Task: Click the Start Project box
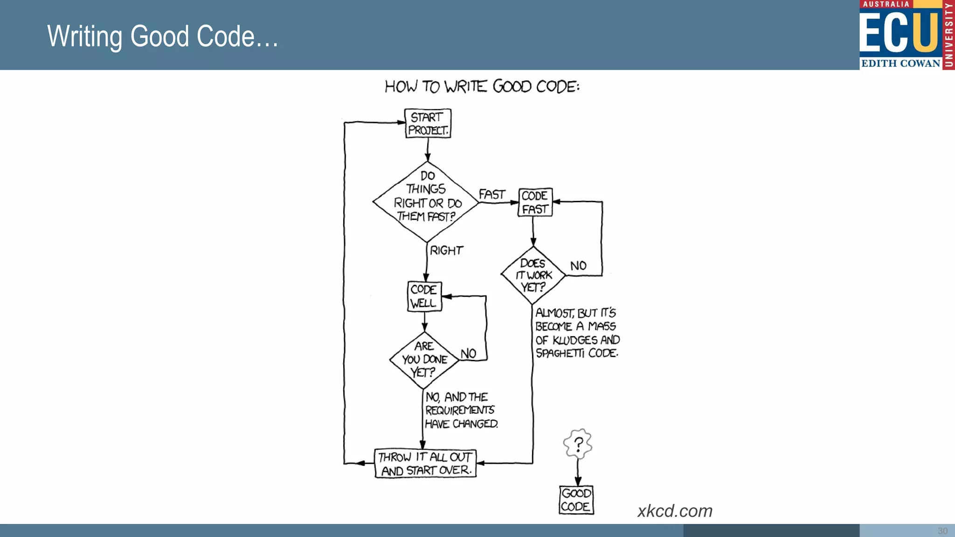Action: click(428, 124)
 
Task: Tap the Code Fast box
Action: click(535, 202)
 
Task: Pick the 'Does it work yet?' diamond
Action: click(533, 275)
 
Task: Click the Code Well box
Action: click(424, 296)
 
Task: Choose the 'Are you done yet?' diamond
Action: click(424, 359)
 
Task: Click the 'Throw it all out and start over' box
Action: click(425, 463)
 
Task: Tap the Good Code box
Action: click(576, 500)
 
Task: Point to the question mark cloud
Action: click(578, 444)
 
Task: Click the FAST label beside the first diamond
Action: click(491, 194)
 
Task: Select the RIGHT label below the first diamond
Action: click(446, 251)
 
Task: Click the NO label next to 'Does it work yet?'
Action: click(578, 266)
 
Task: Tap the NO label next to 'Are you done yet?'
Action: click(468, 354)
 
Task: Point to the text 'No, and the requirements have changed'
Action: click(461, 410)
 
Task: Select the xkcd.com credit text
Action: click(675, 511)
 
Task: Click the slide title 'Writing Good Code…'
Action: click(163, 36)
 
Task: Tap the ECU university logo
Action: click(906, 35)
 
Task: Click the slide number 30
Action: click(942, 531)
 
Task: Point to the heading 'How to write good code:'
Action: click(482, 87)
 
